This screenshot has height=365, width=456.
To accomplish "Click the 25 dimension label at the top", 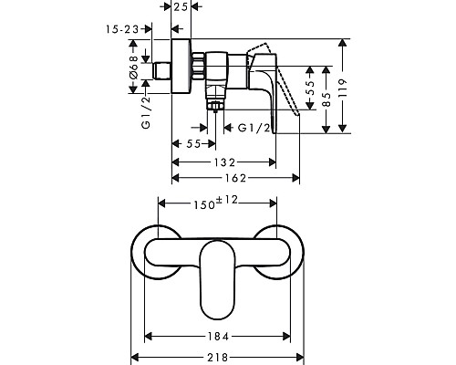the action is (x=181, y=6).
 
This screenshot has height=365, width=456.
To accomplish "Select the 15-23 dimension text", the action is (x=122, y=29).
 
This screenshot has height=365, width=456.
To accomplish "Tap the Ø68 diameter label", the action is (x=133, y=68).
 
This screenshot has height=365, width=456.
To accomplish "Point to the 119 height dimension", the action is (x=343, y=88).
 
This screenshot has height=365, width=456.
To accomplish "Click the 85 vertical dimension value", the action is (x=326, y=99).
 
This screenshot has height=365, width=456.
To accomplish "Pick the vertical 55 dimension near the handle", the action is (x=310, y=88).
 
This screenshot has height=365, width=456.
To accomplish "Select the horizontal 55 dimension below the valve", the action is (x=193, y=144).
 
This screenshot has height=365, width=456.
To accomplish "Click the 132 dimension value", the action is (x=224, y=162).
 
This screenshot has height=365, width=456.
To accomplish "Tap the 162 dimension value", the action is (x=235, y=178).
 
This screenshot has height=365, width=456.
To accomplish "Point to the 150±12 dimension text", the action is (x=216, y=203).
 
